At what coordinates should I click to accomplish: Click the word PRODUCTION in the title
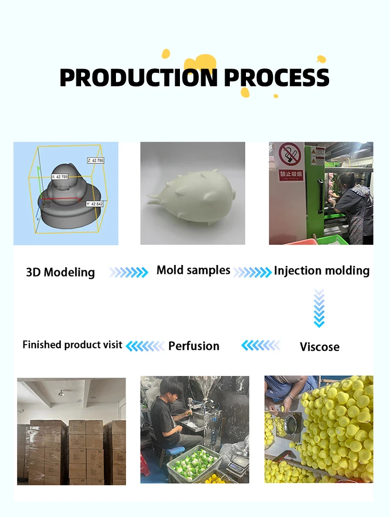click(x=138, y=77)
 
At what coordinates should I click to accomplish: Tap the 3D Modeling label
click(x=60, y=272)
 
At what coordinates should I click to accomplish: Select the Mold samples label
click(x=193, y=270)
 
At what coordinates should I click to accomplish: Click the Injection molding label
click(x=321, y=271)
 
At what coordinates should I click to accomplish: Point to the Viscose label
click(x=319, y=347)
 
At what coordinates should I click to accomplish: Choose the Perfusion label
click(x=193, y=346)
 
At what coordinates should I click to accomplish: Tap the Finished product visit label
click(x=72, y=345)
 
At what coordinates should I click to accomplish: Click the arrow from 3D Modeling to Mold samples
click(x=129, y=272)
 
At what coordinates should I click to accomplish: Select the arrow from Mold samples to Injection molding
click(x=252, y=272)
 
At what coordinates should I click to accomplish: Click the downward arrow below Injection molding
click(x=319, y=309)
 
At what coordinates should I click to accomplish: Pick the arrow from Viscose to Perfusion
click(x=261, y=345)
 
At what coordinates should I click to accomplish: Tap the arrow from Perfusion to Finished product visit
click(x=145, y=345)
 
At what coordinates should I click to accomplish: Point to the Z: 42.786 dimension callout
click(x=95, y=161)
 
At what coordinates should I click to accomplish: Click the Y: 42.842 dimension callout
click(x=94, y=204)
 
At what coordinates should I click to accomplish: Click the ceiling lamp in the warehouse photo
click(x=61, y=394)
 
